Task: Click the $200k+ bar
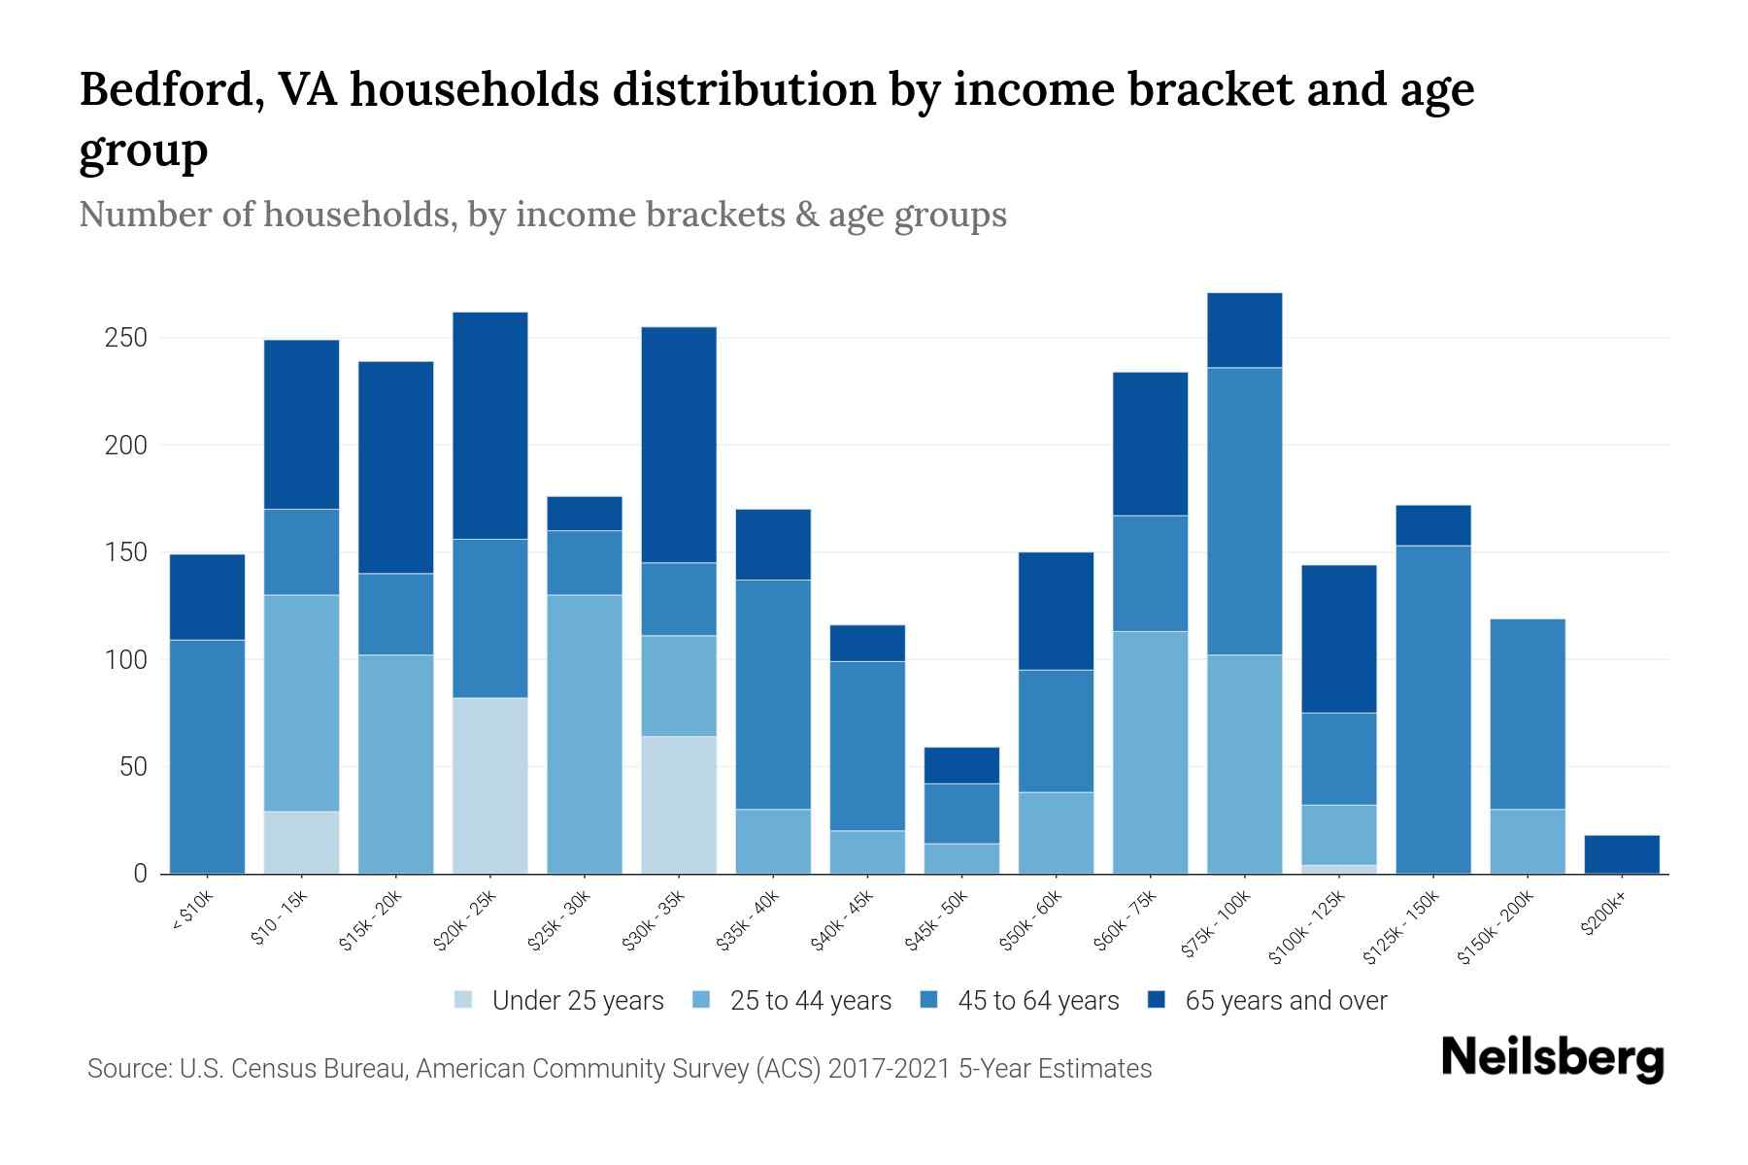[x=1621, y=854]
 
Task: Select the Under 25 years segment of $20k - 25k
[x=489, y=785]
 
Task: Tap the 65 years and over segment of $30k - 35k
[x=679, y=445]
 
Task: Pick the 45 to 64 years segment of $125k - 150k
[x=1432, y=709]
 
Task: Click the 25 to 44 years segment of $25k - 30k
[x=585, y=734]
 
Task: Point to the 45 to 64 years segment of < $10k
[x=207, y=756]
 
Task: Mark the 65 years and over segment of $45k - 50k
[x=962, y=765]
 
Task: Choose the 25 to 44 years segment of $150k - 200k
[x=1527, y=841]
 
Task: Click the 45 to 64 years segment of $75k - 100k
[x=1244, y=511]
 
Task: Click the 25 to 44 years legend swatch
[x=702, y=1000]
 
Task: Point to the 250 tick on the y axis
[x=126, y=338]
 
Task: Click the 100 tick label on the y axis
[x=126, y=660]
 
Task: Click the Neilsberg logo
[x=1552, y=1059]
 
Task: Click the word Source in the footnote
[x=127, y=1069]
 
